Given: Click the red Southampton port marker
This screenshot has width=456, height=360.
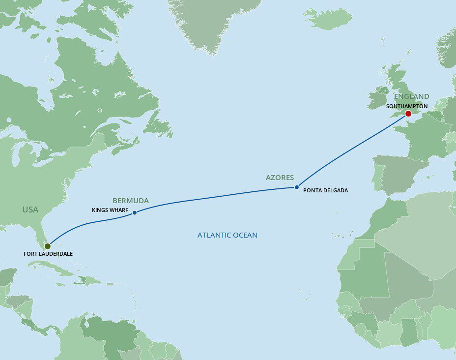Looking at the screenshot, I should (x=408, y=114).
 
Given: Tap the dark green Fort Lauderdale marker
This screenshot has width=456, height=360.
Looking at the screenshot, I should (x=47, y=246).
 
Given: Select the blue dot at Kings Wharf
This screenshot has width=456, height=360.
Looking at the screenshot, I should (x=135, y=212).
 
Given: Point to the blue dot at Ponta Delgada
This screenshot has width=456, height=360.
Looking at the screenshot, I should (x=296, y=187).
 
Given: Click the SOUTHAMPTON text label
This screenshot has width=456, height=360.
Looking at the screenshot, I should (x=406, y=106).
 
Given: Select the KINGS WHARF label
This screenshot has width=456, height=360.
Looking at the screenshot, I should (x=110, y=210).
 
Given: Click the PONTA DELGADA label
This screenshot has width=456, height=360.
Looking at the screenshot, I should (x=325, y=190).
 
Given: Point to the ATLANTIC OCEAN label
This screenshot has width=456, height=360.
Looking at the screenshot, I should (x=228, y=235).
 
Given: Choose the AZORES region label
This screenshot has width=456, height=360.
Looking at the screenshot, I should (x=280, y=178).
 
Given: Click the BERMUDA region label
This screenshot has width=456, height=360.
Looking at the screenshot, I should (x=131, y=201).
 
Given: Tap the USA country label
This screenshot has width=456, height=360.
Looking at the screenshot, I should (x=30, y=210).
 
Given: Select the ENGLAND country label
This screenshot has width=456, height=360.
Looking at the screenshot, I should (x=411, y=96).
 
